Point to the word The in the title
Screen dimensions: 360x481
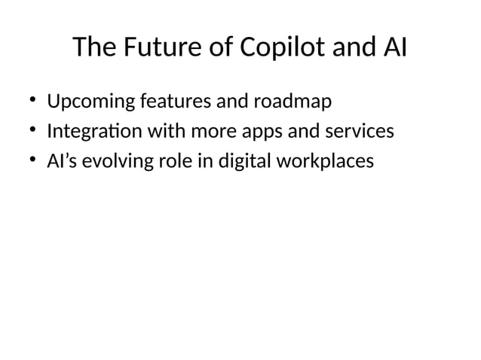tap(94, 48)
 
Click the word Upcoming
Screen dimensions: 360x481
tap(88, 101)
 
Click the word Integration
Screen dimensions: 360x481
tap(94, 132)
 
